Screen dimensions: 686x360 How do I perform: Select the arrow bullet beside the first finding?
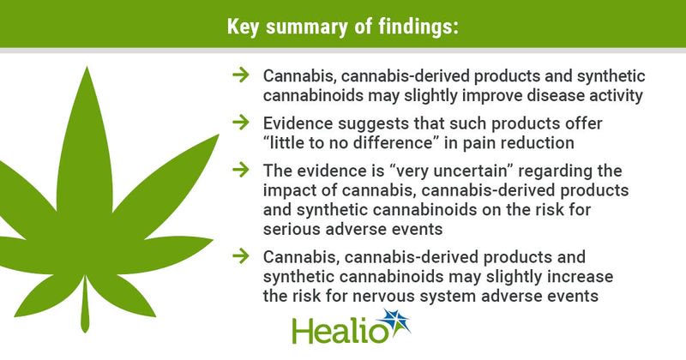pyautogui.click(x=241, y=75)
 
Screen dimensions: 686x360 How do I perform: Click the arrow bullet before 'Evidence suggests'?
pyautogui.click(x=241, y=123)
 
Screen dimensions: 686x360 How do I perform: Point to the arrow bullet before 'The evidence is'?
pyautogui.click(x=241, y=170)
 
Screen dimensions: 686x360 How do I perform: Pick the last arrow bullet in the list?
pyautogui.click(x=241, y=256)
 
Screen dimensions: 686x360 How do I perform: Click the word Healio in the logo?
pyautogui.click(x=339, y=331)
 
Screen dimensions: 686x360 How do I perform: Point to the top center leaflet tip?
pyautogui.click(x=87, y=68)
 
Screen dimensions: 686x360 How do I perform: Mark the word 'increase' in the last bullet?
pyautogui.click(x=583, y=277)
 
